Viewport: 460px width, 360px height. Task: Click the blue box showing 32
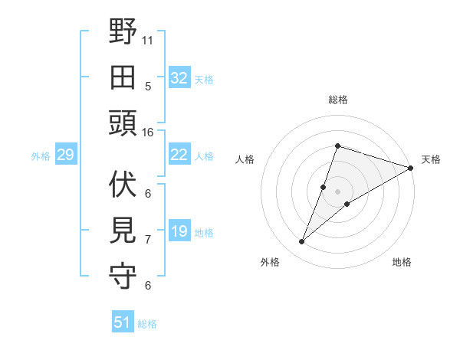(x=179, y=78)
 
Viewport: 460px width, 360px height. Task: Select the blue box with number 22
(x=179, y=155)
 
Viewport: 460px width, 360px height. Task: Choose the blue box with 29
(x=65, y=155)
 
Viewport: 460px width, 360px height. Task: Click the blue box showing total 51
(x=122, y=323)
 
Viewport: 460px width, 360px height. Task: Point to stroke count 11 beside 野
(x=148, y=40)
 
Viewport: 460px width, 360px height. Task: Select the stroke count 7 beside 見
(x=148, y=239)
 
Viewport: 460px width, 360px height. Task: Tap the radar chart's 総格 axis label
(x=337, y=100)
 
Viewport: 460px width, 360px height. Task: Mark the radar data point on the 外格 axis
(x=301, y=242)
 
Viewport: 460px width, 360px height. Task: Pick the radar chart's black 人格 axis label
(x=245, y=159)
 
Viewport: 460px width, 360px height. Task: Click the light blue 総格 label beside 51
(x=147, y=324)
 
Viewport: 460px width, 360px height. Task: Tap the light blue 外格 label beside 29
(x=41, y=156)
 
